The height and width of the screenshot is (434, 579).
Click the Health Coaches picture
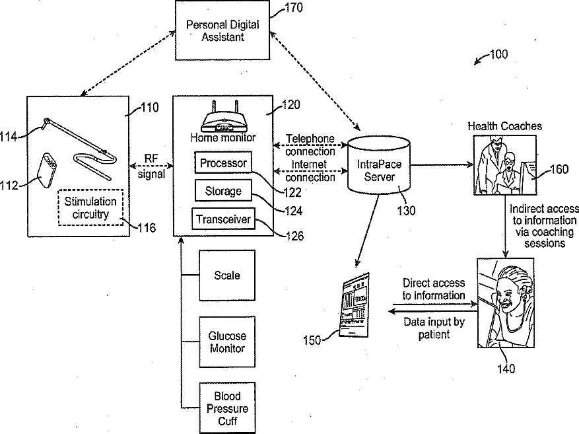click(x=505, y=164)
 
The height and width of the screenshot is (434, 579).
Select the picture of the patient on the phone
click(x=506, y=303)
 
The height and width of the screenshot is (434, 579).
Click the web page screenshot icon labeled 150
click(x=355, y=305)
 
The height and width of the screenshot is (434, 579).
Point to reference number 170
click(x=294, y=8)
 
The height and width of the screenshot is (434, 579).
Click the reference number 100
click(x=499, y=54)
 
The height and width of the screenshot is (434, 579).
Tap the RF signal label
click(x=151, y=166)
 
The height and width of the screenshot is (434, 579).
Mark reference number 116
click(x=147, y=227)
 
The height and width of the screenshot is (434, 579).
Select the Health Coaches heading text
click(x=505, y=126)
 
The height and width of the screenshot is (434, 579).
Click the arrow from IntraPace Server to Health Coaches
click(x=442, y=164)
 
